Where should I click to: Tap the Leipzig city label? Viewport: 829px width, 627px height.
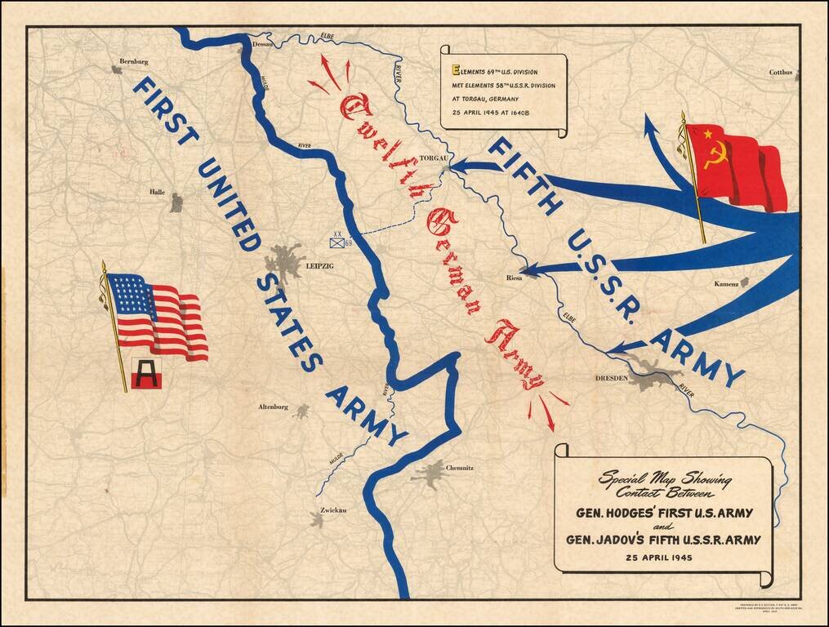pyautogui.click(x=319, y=265)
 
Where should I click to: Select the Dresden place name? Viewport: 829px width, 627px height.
pyautogui.click(x=611, y=378)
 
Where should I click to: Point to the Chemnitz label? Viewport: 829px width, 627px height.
pyautogui.click(x=459, y=468)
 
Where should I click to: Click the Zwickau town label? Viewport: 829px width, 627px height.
pyautogui.click(x=333, y=510)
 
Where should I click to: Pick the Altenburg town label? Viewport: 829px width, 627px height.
pyautogui.click(x=273, y=407)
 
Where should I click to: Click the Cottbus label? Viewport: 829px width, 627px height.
pyautogui.click(x=780, y=73)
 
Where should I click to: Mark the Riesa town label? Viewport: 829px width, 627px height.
pyautogui.click(x=514, y=278)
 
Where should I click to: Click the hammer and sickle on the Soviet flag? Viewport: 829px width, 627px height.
pyautogui.click(x=715, y=155)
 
